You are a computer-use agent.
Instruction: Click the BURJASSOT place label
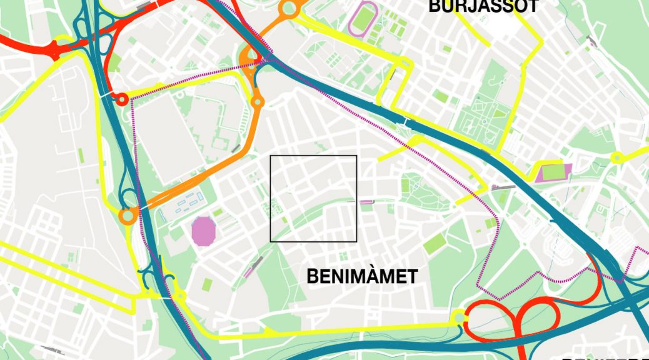(483, 6)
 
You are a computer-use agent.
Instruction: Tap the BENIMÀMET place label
(361, 276)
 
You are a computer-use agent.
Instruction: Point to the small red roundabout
(122, 98)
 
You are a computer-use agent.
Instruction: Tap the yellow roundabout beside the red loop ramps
(460, 318)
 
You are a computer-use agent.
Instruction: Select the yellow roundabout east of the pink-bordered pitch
(618, 157)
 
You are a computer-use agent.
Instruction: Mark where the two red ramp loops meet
(518, 321)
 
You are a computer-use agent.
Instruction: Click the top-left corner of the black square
(270, 156)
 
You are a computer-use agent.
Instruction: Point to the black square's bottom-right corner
(356, 241)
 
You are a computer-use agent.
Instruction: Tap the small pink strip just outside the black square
(366, 201)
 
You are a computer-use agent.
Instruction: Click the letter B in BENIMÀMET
(312, 277)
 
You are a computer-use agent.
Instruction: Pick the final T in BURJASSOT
(533, 6)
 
